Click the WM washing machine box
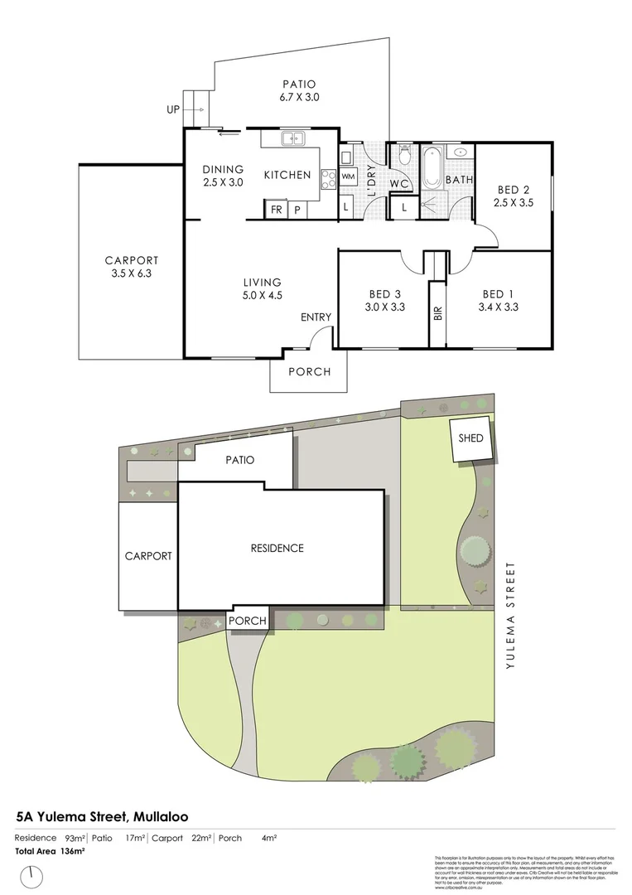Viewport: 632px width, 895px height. (348, 177)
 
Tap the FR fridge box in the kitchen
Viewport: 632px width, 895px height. (275, 210)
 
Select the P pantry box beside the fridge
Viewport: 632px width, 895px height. (297, 210)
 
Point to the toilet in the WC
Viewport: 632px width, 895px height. (404, 155)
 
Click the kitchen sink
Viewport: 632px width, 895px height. (292, 139)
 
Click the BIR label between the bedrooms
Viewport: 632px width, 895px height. (437, 314)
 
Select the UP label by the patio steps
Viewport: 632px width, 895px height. (173, 109)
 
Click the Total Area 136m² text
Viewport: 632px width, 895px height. (50, 851)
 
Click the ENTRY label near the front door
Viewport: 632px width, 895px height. (316, 317)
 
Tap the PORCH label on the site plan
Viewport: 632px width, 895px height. (248, 621)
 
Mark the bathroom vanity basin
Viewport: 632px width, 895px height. (461, 152)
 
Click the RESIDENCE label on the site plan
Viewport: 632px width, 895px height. (277, 548)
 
